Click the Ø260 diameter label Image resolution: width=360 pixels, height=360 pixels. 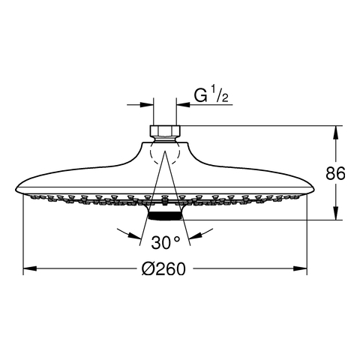pyautogui.click(x=163, y=269)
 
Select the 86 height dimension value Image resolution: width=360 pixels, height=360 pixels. pyautogui.click(x=335, y=173)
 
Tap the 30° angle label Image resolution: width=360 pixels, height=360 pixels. pyautogui.click(x=165, y=242)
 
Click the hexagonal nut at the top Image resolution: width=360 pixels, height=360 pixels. pyautogui.click(x=165, y=130)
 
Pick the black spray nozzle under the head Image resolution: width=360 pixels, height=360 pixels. pyautogui.click(x=165, y=216)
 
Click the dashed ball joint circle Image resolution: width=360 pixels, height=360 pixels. pyautogui.click(x=165, y=152)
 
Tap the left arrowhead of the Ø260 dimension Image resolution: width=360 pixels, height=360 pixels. pyautogui.click(x=30, y=268)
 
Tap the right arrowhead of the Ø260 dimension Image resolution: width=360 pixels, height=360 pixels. pyautogui.click(x=300, y=268)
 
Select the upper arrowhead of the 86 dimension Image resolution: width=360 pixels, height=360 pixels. pyautogui.click(x=336, y=133)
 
